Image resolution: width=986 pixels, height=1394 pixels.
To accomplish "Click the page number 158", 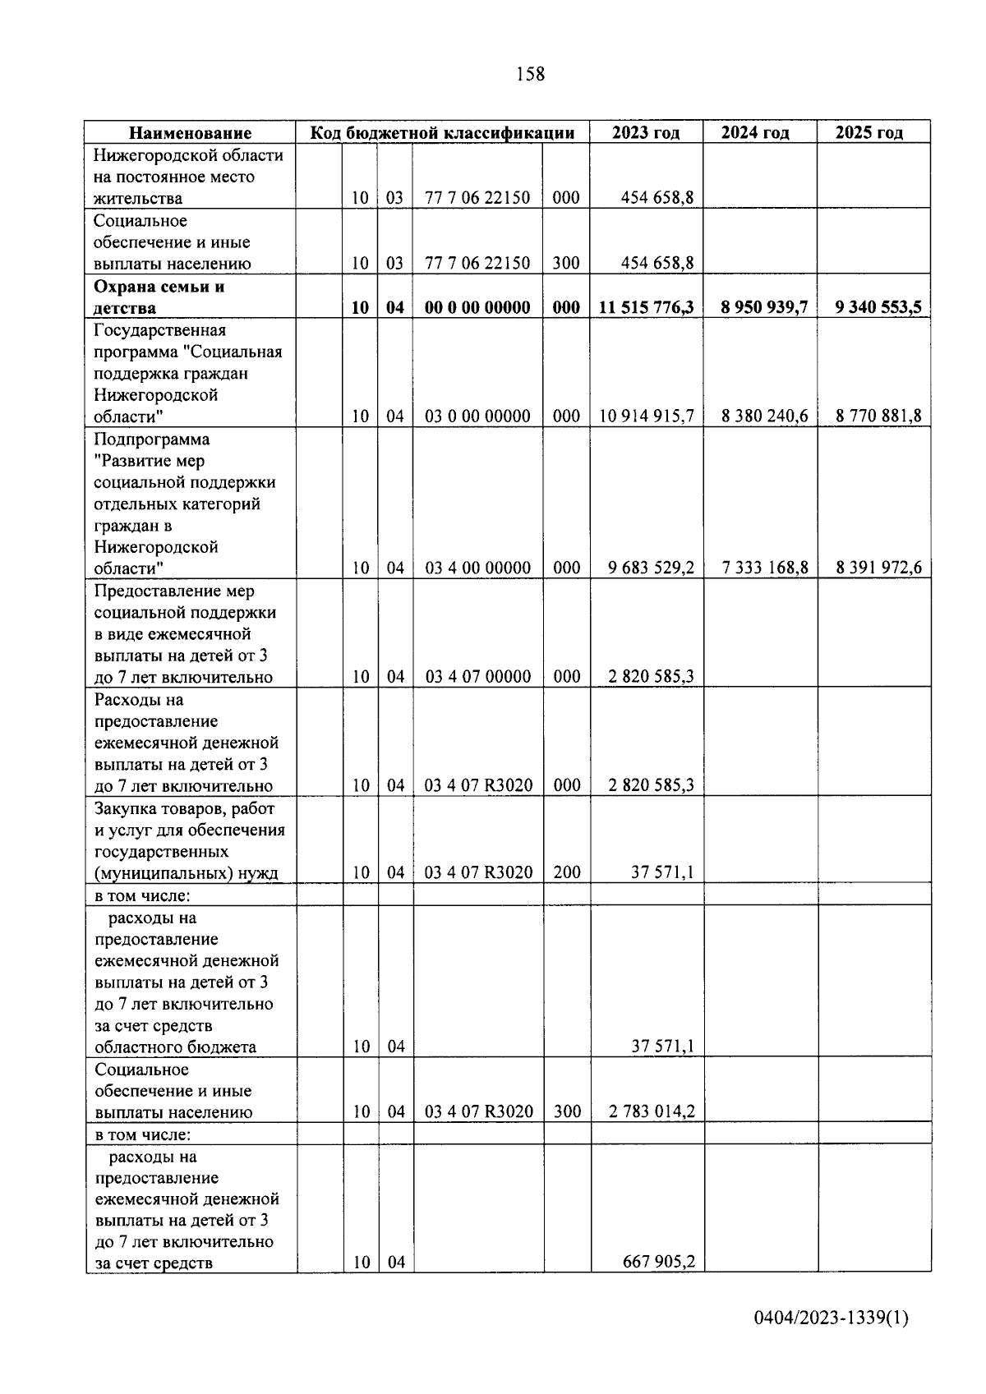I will click(530, 75).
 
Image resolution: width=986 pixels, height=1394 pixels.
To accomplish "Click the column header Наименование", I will click(191, 133).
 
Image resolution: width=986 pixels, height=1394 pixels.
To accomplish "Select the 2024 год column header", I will click(755, 133).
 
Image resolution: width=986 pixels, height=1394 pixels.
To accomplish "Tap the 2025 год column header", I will click(869, 133).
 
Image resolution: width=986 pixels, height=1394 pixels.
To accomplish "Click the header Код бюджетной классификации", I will click(442, 133).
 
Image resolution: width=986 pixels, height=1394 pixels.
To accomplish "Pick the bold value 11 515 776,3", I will click(647, 308).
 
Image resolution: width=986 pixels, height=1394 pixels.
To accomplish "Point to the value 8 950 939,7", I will click(764, 308).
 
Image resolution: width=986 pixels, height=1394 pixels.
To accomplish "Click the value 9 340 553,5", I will click(878, 308).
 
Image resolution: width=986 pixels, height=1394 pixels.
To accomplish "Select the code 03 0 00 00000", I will click(477, 416).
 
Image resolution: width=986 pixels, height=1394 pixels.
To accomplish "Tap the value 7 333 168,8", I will click(764, 568).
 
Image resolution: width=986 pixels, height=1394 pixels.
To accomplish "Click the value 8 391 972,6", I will click(878, 568).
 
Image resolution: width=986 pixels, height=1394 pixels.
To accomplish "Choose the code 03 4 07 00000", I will click(477, 677).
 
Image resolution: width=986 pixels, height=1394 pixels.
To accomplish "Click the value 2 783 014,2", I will click(652, 1112).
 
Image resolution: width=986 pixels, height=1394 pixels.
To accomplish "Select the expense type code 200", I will click(566, 872).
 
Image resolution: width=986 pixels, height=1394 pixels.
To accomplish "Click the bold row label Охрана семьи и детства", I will click(159, 297).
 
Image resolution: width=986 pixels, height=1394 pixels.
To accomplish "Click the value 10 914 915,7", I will click(647, 416).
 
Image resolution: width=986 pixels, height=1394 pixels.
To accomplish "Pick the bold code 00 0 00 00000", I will click(477, 308).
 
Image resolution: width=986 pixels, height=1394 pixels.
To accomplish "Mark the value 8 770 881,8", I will click(878, 416).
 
